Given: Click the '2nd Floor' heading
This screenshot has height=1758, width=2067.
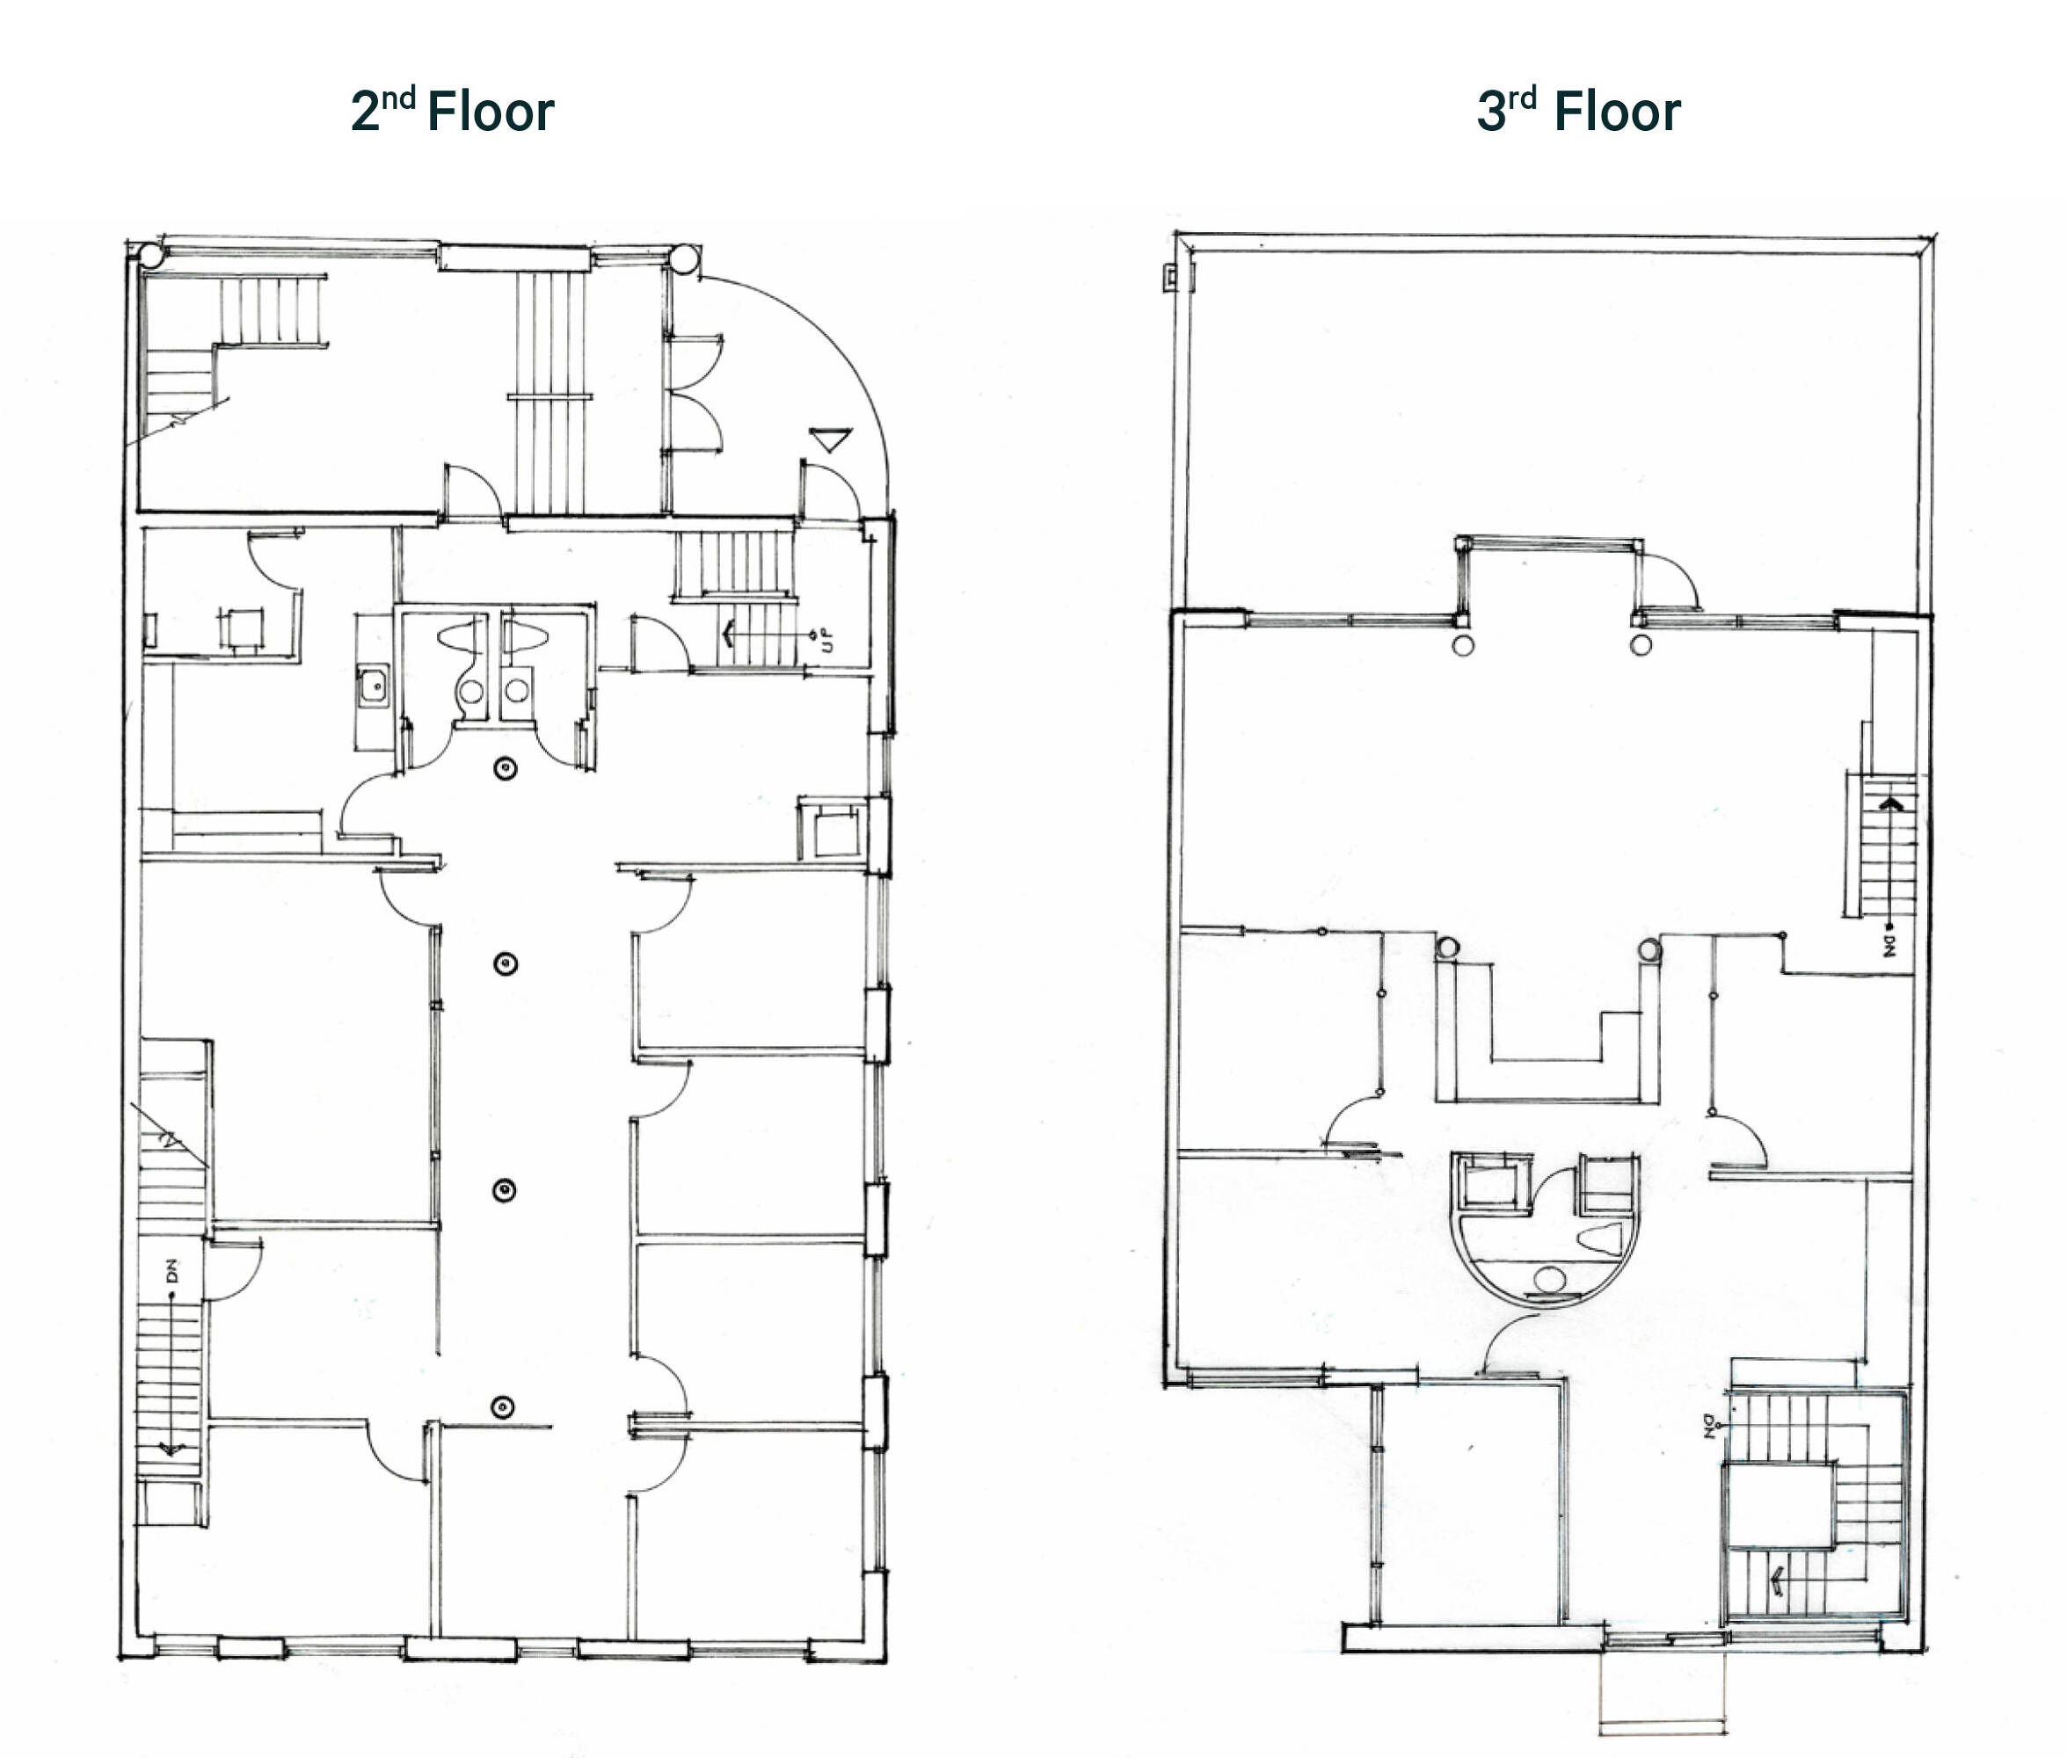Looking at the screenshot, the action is click(452, 110).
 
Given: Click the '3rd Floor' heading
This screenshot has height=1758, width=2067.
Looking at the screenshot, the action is click(1579, 110).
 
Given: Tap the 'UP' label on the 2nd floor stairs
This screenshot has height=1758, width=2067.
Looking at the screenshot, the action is click(826, 639).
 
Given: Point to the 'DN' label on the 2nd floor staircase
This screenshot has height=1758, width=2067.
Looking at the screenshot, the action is click(171, 1271).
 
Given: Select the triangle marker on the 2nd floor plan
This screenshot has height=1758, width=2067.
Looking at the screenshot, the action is click(829, 439).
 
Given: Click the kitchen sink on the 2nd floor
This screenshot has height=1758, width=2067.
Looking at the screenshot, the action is click(374, 686).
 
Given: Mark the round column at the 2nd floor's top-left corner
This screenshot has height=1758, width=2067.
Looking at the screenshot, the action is click(151, 255).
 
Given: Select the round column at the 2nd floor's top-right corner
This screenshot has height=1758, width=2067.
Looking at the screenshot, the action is click(684, 259).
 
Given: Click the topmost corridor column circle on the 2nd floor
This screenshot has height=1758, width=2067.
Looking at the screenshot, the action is click(506, 767).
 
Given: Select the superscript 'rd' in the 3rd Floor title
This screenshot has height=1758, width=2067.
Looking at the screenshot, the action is click(1522, 98).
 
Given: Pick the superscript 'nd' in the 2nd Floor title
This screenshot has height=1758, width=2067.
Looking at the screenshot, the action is click(398, 98).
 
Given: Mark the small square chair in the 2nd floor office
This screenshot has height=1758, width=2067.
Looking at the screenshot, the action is click(241, 628).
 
